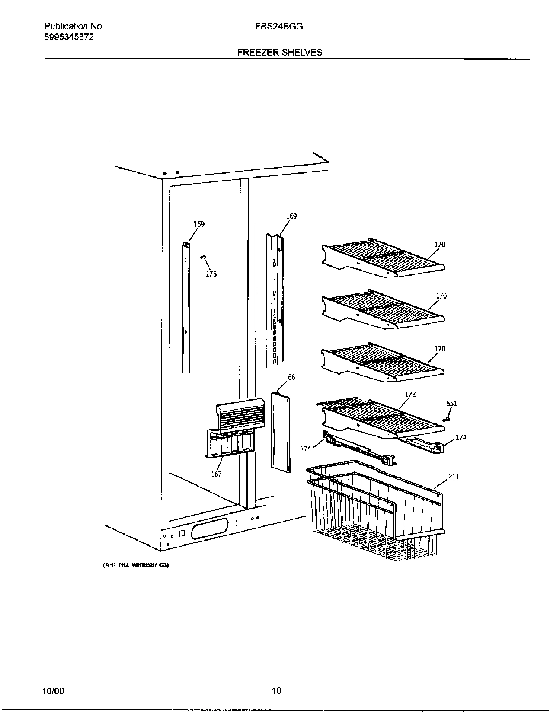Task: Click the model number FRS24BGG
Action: pyautogui.click(x=279, y=26)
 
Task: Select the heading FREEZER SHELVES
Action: pyautogui.click(x=279, y=52)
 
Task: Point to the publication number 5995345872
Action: pyautogui.click(x=69, y=37)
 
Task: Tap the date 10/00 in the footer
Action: pyautogui.click(x=54, y=691)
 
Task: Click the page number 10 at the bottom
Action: pyautogui.click(x=276, y=691)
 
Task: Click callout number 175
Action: pyautogui.click(x=211, y=274)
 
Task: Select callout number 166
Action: pyautogui.click(x=289, y=377)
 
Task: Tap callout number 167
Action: pyautogui.click(x=216, y=474)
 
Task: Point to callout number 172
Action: pyautogui.click(x=410, y=394)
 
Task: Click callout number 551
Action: pyautogui.click(x=451, y=404)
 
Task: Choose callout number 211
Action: pyautogui.click(x=453, y=477)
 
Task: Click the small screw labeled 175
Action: pyautogui.click(x=203, y=258)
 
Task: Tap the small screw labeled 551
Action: pyautogui.click(x=448, y=418)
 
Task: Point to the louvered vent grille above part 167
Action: pyautogui.click(x=240, y=414)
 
